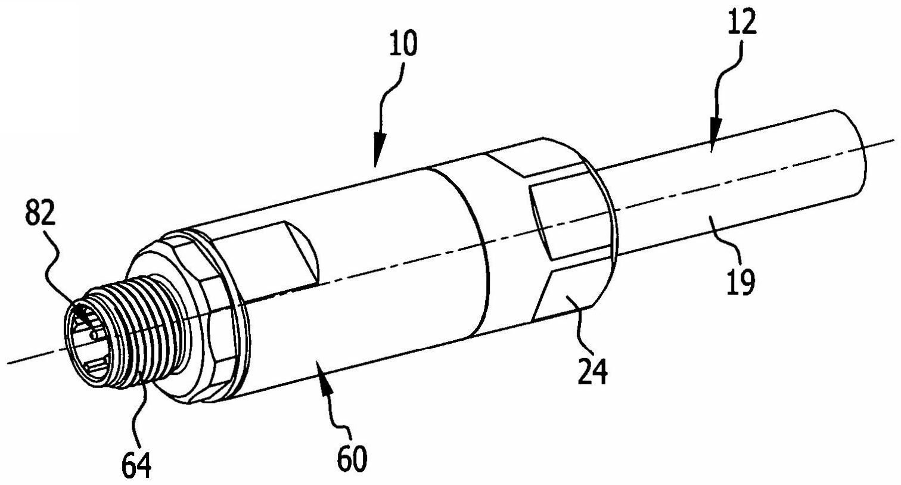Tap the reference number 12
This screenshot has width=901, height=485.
tap(741, 22)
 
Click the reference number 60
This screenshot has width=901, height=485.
tap(352, 459)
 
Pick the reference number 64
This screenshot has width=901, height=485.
tap(136, 464)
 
